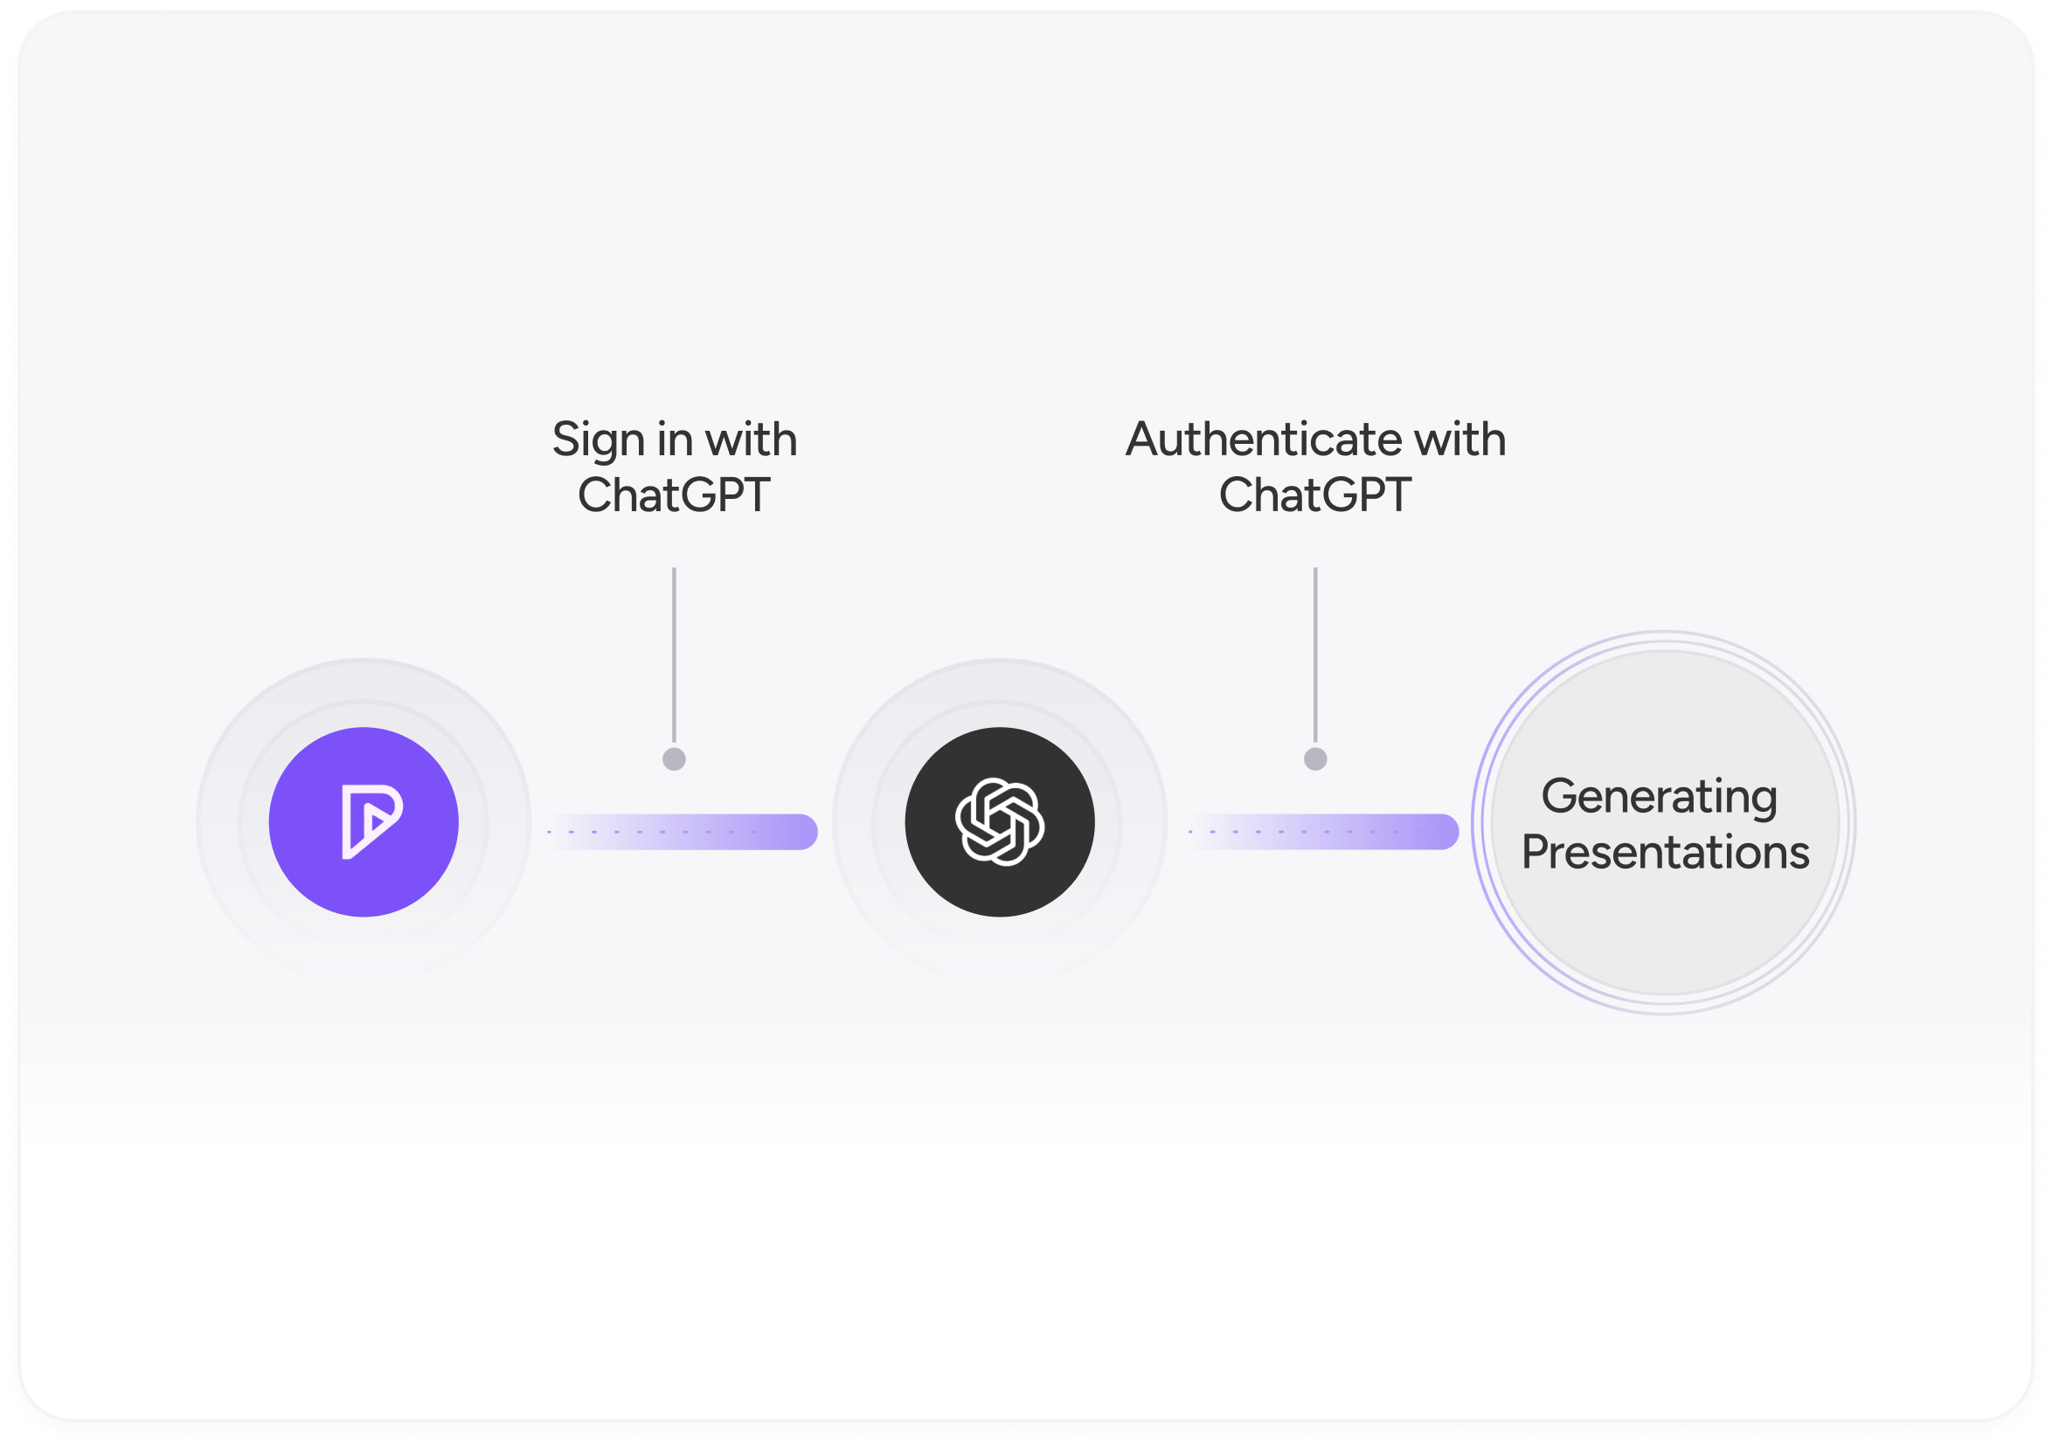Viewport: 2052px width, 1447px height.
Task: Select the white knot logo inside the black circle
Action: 999,821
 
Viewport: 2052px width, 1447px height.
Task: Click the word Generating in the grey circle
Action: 1659,796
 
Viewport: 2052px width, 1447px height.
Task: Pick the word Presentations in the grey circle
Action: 1665,852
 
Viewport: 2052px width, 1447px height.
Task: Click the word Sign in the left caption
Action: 598,440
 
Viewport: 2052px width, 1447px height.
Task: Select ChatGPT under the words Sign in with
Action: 674,495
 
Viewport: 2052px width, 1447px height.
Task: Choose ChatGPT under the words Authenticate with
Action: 1314,495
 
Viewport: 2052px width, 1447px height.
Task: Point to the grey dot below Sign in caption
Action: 674,758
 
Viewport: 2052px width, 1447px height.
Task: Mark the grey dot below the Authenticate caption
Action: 1314,758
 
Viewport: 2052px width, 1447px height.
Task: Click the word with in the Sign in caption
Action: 751,440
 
